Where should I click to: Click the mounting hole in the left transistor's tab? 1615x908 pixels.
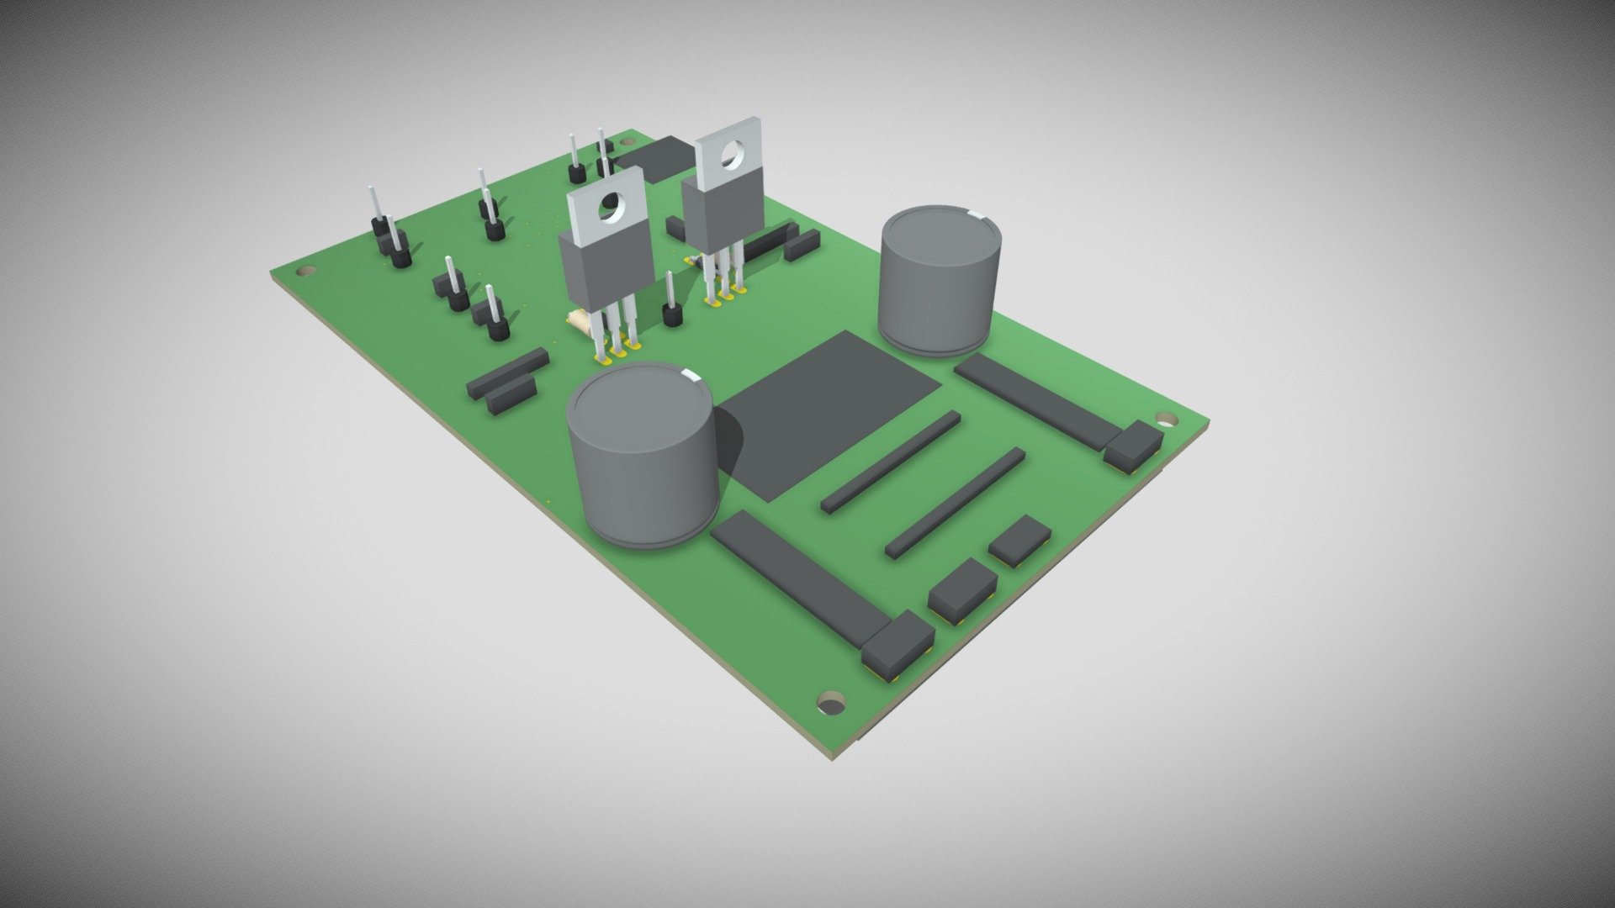click(612, 207)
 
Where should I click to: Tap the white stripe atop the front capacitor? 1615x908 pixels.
click(690, 376)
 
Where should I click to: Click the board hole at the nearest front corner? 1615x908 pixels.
click(831, 702)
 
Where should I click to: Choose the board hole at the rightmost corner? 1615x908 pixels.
click(1165, 418)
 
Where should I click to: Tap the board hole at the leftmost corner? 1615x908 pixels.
click(307, 272)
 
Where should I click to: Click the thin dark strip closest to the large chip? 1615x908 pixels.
click(890, 462)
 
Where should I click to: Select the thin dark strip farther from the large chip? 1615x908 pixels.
click(956, 503)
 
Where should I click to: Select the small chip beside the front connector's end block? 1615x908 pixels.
click(961, 589)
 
